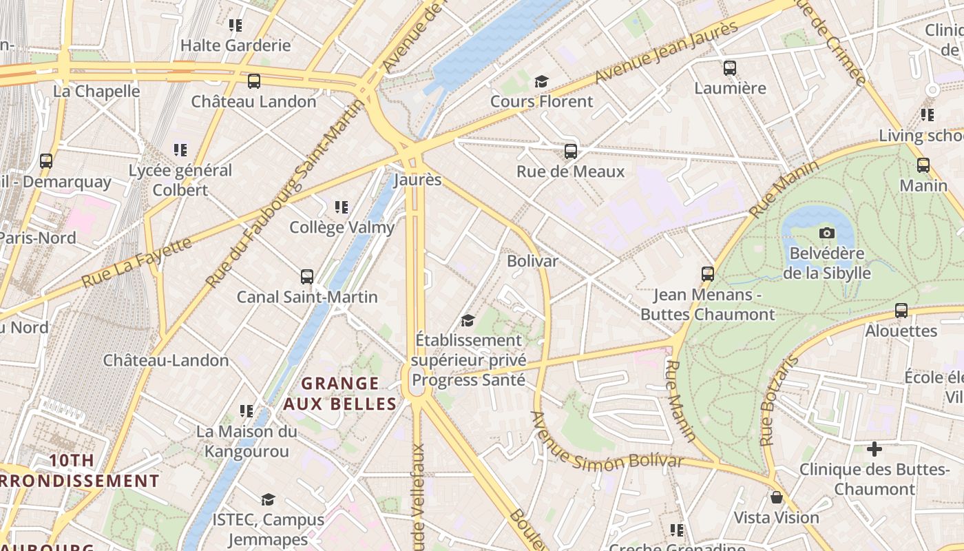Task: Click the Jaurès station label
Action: (x=417, y=180)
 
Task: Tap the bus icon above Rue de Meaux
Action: (x=570, y=151)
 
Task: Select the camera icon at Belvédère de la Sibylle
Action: (x=827, y=233)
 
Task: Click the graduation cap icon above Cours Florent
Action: (x=541, y=82)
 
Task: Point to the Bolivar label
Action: (x=532, y=261)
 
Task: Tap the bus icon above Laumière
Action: (x=730, y=68)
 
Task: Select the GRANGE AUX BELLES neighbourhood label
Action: (x=340, y=393)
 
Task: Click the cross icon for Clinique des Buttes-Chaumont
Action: (x=874, y=450)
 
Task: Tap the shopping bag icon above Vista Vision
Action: (x=777, y=497)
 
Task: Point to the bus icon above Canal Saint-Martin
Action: (x=307, y=277)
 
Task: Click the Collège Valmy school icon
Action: (x=342, y=207)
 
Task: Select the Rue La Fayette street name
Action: (x=136, y=262)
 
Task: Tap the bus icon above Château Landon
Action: (x=253, y=81)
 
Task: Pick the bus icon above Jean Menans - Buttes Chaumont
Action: (x=707, y=274)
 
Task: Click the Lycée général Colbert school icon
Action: (x=180, y=149)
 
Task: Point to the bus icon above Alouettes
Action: (x=901, y=311)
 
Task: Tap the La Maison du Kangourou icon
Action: (x=247, y=411)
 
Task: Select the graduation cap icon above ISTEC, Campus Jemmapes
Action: (x=268, y=499)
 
